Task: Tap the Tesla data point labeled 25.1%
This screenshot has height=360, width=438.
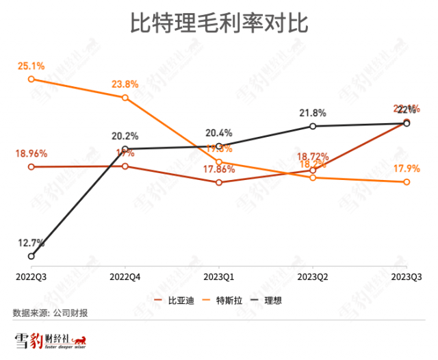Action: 31,79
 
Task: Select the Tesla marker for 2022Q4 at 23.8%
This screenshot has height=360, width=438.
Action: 125,98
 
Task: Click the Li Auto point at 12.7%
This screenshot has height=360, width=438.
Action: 31,256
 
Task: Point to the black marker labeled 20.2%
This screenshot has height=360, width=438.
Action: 125,149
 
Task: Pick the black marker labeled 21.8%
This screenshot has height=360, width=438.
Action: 313,126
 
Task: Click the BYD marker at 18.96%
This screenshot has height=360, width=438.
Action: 31,166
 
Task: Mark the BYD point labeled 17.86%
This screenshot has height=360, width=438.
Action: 218,182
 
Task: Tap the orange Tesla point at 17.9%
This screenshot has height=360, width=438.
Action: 407,181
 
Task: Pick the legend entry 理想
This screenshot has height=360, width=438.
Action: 272,300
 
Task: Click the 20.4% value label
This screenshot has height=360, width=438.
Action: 218,133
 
